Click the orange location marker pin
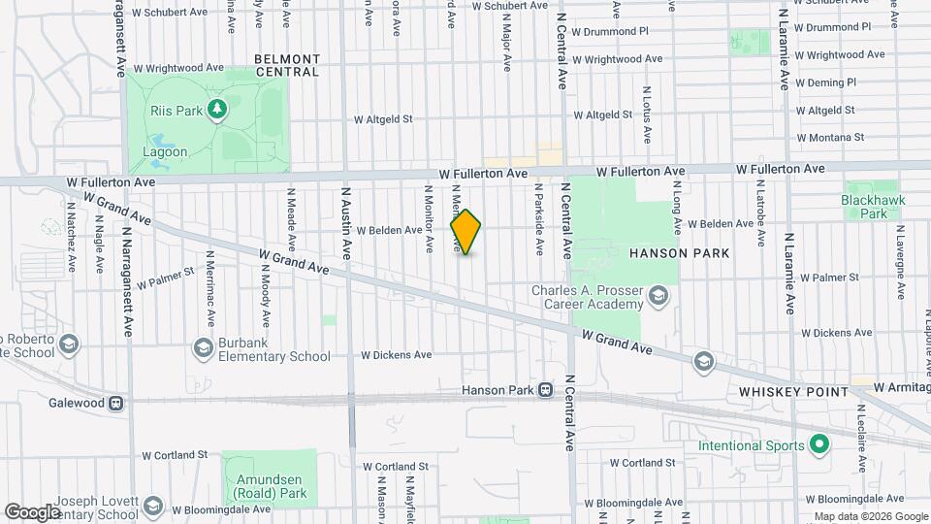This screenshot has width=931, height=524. [465, 232]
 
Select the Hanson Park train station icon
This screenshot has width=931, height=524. [546, 390]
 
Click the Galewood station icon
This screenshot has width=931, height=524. [116, 403]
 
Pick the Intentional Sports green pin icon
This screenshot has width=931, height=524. [819, 445]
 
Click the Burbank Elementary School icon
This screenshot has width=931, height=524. [203, 347]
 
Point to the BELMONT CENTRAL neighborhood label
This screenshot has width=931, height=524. [286, 65]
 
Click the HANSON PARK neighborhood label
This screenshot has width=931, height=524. [678, 252]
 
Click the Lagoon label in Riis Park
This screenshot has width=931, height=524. [165, 152]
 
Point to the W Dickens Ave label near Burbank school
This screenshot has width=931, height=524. [396, 355]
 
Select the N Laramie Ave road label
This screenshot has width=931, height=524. [790, 273]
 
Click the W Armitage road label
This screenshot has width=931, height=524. [901, 387]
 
